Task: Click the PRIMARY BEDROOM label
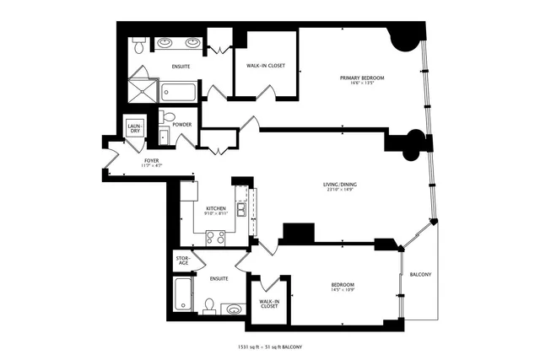click(x=362, y=78)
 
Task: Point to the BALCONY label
click(x=421, y=276)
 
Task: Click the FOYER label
click(x=152, y=159)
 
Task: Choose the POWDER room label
click(x=182, y=125)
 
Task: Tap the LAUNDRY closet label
click(x=134, y=128)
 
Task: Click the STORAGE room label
click(x=183, y=261)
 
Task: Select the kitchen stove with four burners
click(x=214, y=238)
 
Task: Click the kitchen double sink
click(x=241, y=209)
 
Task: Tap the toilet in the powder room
click(x=167, y=116)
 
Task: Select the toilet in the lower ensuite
click(x=208, y=304)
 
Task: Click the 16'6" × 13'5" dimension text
click(x=362, y=84)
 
